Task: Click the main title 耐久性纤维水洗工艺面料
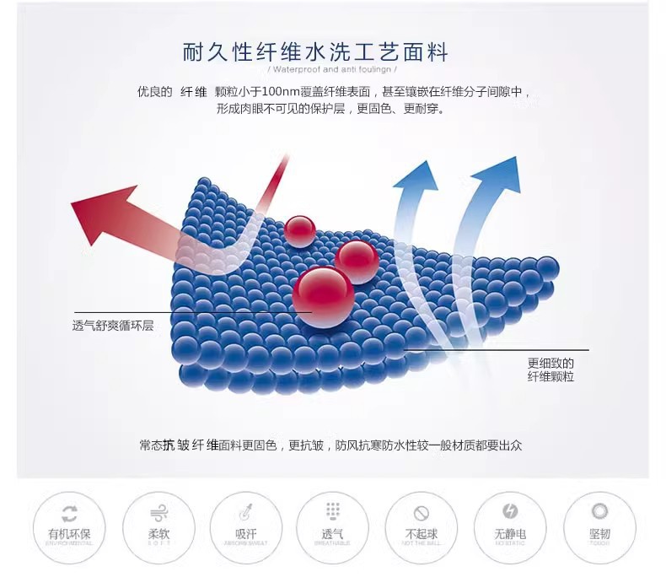coord(316,52)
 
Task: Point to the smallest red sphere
coord(299,229)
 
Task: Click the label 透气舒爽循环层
coord(113,326)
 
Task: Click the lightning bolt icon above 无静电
coord(510,511)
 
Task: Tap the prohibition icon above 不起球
coord(422,512)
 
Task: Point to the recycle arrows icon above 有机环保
coord(70,512)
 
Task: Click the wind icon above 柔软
coord(158,512)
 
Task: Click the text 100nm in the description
coord(282,91)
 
